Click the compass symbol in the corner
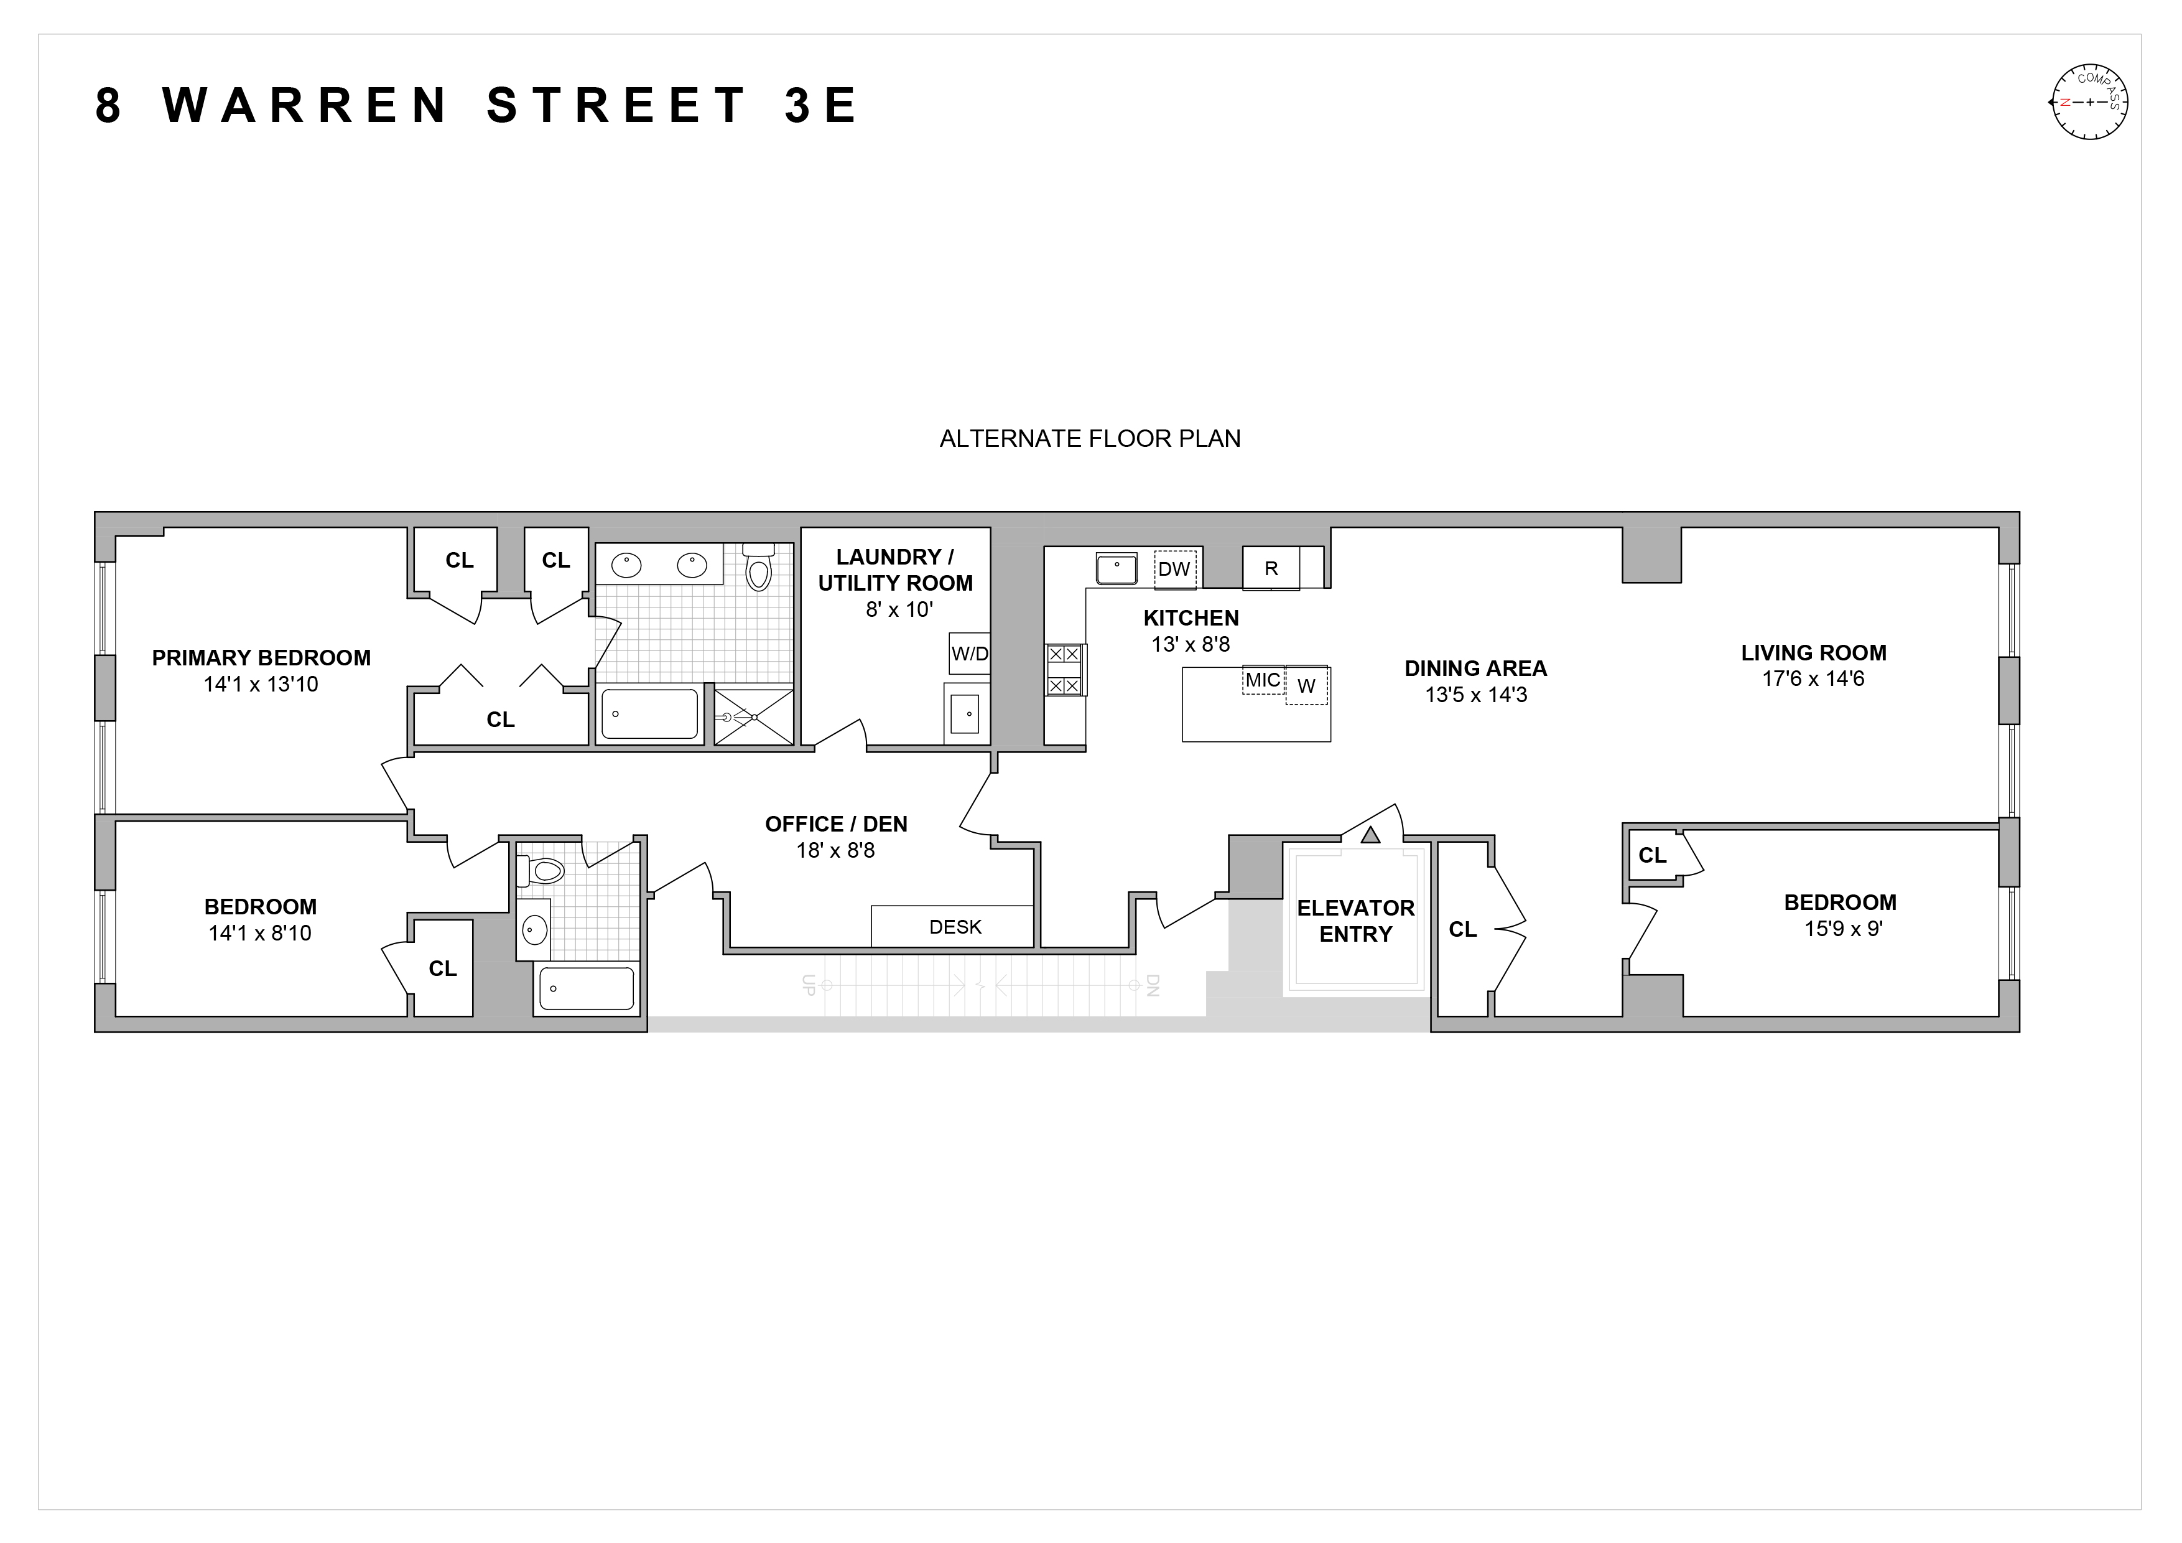(2088, 103)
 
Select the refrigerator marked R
(1271, 568)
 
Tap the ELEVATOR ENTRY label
(1355, 921)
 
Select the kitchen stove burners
(1064, 669)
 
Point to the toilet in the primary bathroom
(758, 568)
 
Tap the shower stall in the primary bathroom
(754, 716)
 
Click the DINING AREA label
(1476, 668)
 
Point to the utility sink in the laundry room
(965, 713)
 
